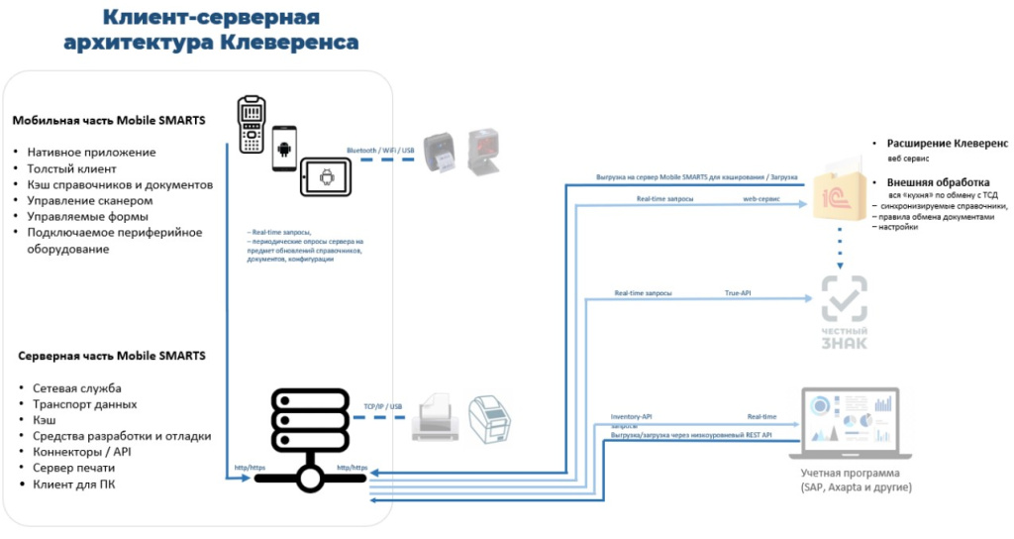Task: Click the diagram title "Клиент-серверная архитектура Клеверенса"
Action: tap(211, 30)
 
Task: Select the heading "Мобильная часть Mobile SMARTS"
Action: tap(109, 121)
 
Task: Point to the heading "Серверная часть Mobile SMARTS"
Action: tap(112, 355)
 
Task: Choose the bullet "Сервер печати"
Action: tap(73, 468)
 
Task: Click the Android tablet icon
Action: tap(325, 178)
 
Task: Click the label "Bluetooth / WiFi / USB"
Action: tap(380, 152)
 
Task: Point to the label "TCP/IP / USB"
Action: tap(382, 406)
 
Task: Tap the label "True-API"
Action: tap(738, 293)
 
